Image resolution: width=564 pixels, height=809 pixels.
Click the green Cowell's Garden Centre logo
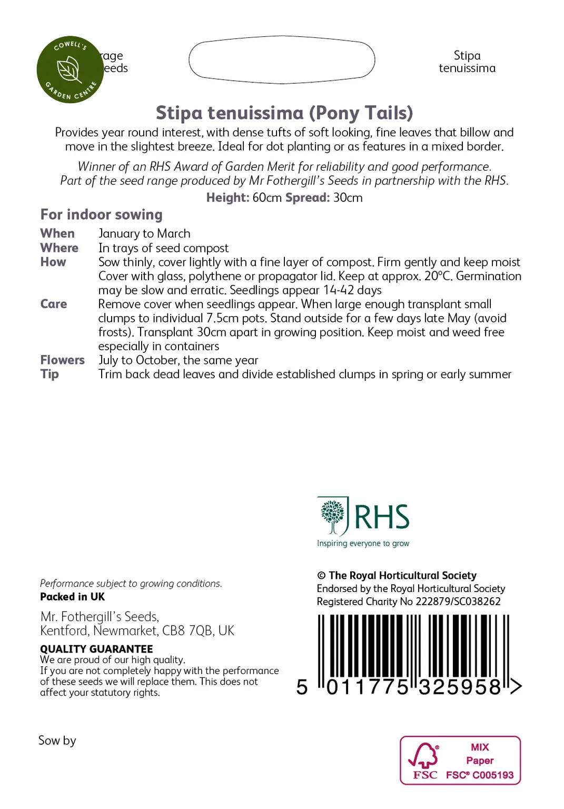[70, 70]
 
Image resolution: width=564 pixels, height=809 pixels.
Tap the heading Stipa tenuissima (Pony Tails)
[284, 113]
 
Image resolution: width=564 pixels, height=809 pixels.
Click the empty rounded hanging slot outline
[282, 60]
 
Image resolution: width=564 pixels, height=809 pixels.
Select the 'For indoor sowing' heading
[101, 214]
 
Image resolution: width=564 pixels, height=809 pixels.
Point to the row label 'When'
[57, 233]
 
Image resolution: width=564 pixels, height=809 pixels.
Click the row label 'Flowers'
[62, 360]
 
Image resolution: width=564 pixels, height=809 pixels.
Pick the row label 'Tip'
[50, 374]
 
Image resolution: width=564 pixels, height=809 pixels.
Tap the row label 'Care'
[54, 304]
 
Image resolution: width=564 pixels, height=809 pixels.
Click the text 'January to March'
[144, 233]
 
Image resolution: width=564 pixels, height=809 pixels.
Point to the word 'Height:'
[227, 198]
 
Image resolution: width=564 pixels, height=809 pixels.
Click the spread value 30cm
[348, 198]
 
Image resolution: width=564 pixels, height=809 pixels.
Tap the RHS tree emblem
[333, 516]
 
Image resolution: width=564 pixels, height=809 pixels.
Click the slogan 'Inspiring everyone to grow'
[363, 543]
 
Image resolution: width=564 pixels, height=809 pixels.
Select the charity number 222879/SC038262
[458, 601]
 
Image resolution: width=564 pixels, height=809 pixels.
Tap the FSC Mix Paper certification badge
[460, 761]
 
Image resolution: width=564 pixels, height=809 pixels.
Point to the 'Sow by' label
[57, 741]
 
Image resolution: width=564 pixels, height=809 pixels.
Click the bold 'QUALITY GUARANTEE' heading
[96, 649]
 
